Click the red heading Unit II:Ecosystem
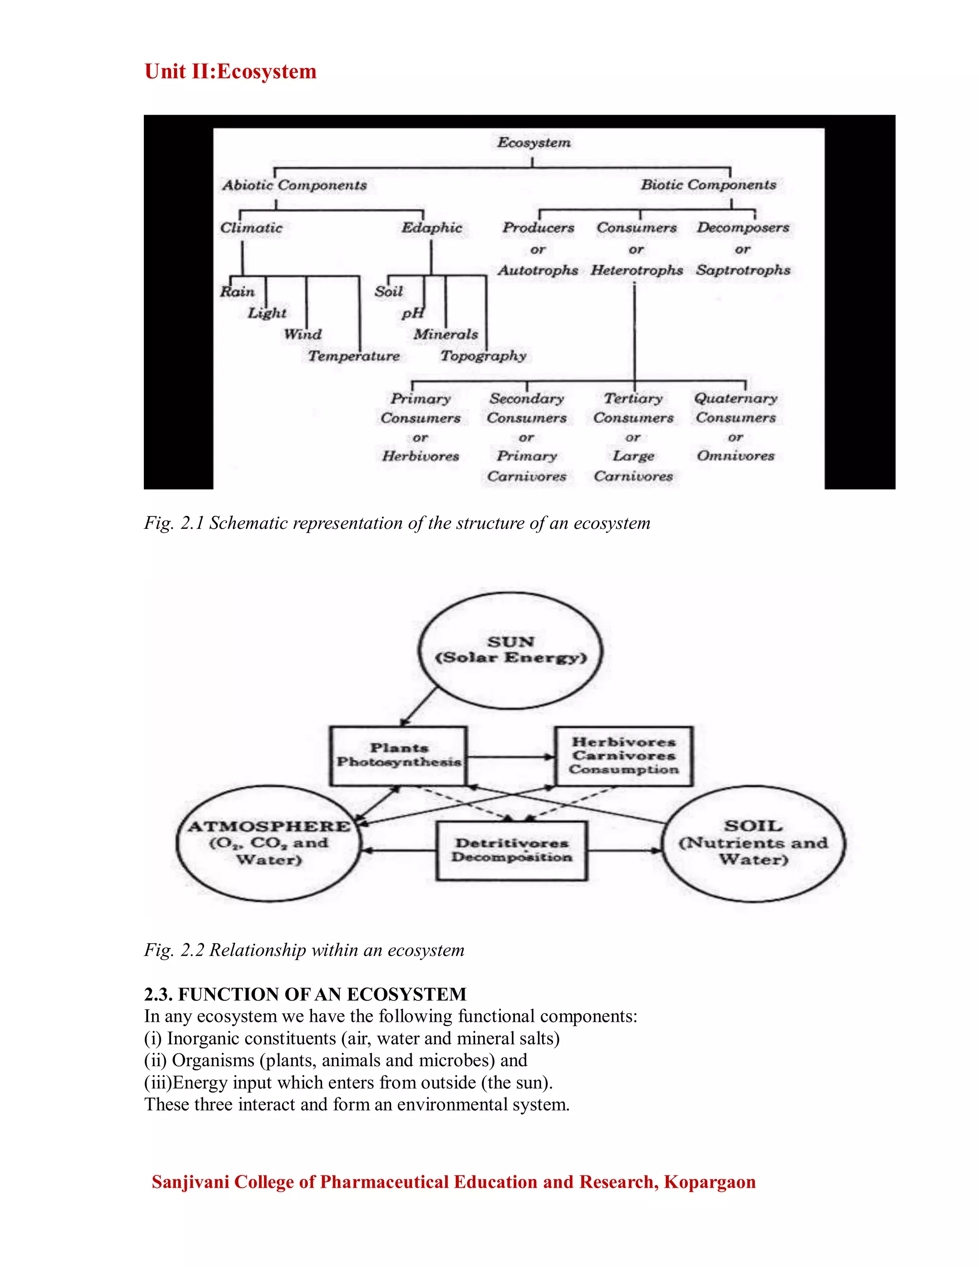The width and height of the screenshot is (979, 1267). click(x=230, y=72)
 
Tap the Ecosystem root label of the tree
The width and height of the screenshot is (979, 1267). click(x=533, y=142)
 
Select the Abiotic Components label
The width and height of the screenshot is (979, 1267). click(x=294, y=186)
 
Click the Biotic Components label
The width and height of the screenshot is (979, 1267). click(x=708, y=185)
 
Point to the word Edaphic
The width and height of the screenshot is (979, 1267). click(x=432, y=228)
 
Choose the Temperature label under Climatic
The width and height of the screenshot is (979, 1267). click(x=354, y=356)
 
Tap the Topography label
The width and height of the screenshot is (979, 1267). click(x=483, y=356)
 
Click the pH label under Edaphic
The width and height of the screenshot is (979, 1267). click(x=413, y=314)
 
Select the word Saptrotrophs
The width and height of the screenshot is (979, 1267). click(x=743, y=270)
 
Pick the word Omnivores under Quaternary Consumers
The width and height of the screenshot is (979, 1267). click(x=735, y=457)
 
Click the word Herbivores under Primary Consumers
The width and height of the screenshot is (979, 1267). click(x=421, y=457)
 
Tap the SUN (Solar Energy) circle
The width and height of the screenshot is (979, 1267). click(x=511, y=650)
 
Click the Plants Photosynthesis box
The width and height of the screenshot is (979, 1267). click(x=399, y=756)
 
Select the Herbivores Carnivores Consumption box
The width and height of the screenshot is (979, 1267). click(x=623, y=756)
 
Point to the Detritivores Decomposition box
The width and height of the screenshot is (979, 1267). click(x=511, y=851)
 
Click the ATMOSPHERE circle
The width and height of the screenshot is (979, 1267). click(x=269, y=843)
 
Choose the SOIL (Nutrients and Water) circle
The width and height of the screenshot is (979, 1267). click(x=753, y=843)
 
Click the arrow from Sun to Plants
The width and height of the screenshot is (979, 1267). click(x=419, y=707)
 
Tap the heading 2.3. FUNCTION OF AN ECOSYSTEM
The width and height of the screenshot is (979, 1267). click(x=305, y=995)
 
